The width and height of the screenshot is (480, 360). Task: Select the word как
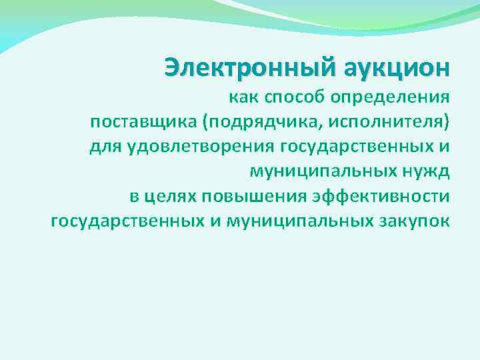click(245, 99)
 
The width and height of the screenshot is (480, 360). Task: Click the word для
click(104, 147)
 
